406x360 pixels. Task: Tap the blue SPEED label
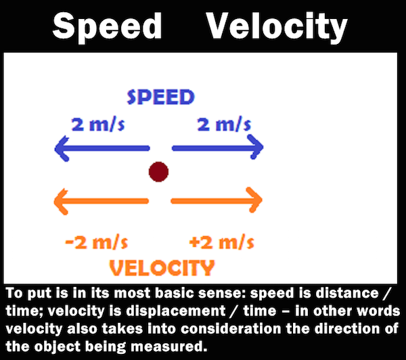(x=161, y=97)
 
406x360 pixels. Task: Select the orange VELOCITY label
(x=162, y=267)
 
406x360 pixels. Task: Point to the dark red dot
(x=158, y=172)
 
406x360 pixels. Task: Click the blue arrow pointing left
(x=102, y=148)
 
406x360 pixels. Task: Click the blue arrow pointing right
(x=218, y=148)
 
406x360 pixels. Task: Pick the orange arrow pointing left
(x=101, y=202)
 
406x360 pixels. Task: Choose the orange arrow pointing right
(x=217, y=200)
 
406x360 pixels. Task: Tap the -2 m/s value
(x=97, y=242)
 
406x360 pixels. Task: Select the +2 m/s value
(x=222, y=242)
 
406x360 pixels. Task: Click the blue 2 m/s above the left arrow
(x=98, y=125)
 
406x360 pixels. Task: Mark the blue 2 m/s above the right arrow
(x=224, y=125)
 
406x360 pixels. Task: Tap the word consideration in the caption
(x=231, y=329)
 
